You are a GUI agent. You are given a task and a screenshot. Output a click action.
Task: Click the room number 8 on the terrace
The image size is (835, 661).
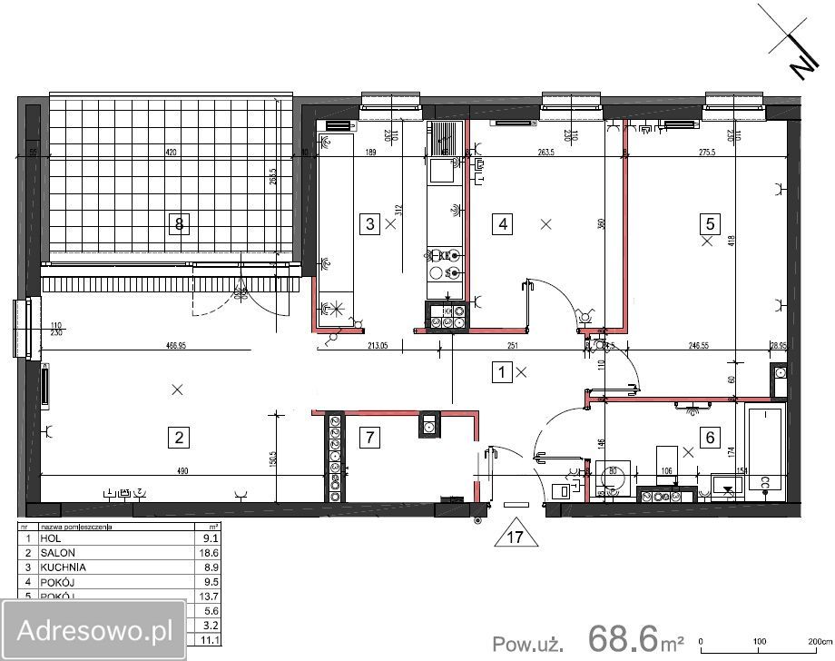pyautogui.click(x=181, y=223)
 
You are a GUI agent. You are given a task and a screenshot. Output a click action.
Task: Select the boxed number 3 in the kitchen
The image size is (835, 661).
pyautogui.click(x=369, y=223)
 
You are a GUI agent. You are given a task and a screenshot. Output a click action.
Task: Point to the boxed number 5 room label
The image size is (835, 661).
pyautogui.click(x=710, y=223)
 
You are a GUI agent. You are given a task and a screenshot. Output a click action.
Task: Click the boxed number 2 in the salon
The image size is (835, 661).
pyautogui.click(x=180, y=438)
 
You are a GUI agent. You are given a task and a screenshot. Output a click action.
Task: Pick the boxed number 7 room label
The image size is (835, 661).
pyautogui.click(x=368, y=438)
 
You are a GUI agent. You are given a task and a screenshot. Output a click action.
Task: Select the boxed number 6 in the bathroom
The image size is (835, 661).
pyautogui.click(x=710, y=438)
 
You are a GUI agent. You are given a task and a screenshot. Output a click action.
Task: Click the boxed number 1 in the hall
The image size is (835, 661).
pyautogui.click(x=501, y=370)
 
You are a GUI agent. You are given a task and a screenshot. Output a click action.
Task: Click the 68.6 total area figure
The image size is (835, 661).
pyautogui.click(x=623, y=638)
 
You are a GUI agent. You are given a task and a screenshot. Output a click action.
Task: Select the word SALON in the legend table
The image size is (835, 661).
pyautogui.click(x=57, y=552)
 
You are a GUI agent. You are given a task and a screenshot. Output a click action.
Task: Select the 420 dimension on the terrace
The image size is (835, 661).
pyautogui.click(x=170, y=152)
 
